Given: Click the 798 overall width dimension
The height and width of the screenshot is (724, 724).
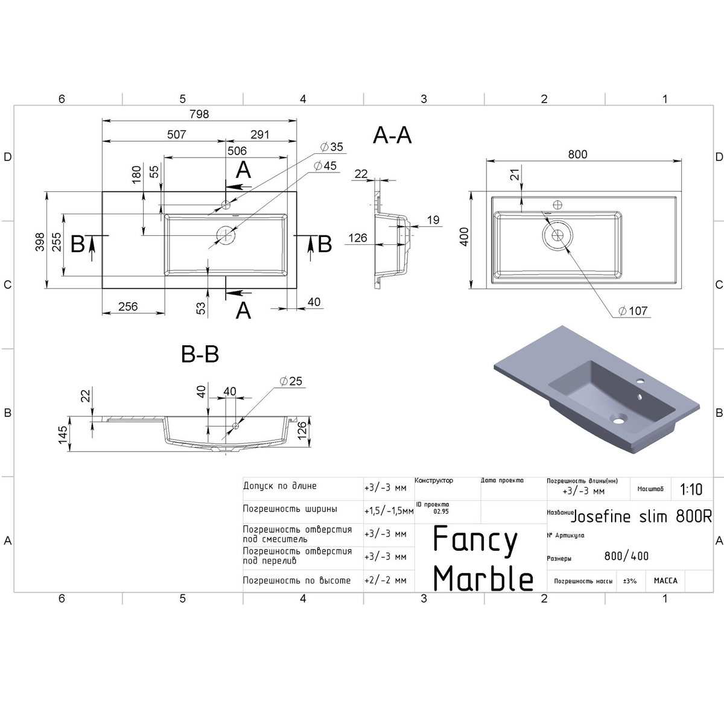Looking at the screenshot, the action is tap(199, 114).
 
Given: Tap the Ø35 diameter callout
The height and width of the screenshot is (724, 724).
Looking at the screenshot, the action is tap(332, 147).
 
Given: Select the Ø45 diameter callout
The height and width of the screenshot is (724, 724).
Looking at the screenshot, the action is tap(325, 166).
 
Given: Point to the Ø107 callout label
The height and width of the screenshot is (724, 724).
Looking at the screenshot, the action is tap(633, 311).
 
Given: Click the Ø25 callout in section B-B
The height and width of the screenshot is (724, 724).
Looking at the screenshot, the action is tap(291, 381).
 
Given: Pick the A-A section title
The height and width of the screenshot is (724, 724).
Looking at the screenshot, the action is tap(392, 135).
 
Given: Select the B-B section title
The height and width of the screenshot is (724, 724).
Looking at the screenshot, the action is tap(200, 354).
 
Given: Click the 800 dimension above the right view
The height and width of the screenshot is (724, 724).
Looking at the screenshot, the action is tap(577, 154).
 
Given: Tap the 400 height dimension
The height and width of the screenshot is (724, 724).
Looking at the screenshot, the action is tap(465, 237).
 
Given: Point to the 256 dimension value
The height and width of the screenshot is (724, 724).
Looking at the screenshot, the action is tap(128, 306).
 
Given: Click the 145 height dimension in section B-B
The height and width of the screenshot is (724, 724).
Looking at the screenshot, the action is tap(63, 434).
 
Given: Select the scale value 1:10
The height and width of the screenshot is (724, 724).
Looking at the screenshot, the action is tap(691, 489).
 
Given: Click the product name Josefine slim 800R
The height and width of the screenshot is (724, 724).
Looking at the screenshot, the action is tap(641, 517).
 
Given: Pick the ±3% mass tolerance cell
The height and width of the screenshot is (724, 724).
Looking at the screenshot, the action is tap(630, 581).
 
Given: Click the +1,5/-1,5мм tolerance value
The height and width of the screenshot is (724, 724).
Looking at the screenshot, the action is tap(389, 511).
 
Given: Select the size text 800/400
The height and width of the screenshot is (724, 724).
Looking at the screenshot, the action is tap(626, 556).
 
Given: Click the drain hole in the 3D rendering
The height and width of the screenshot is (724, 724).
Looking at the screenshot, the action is tap(618, 418).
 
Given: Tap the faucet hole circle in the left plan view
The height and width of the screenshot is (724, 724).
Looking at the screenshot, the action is tap(226, 205).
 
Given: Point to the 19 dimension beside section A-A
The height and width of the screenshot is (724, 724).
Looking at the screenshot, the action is tap(433, 220).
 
